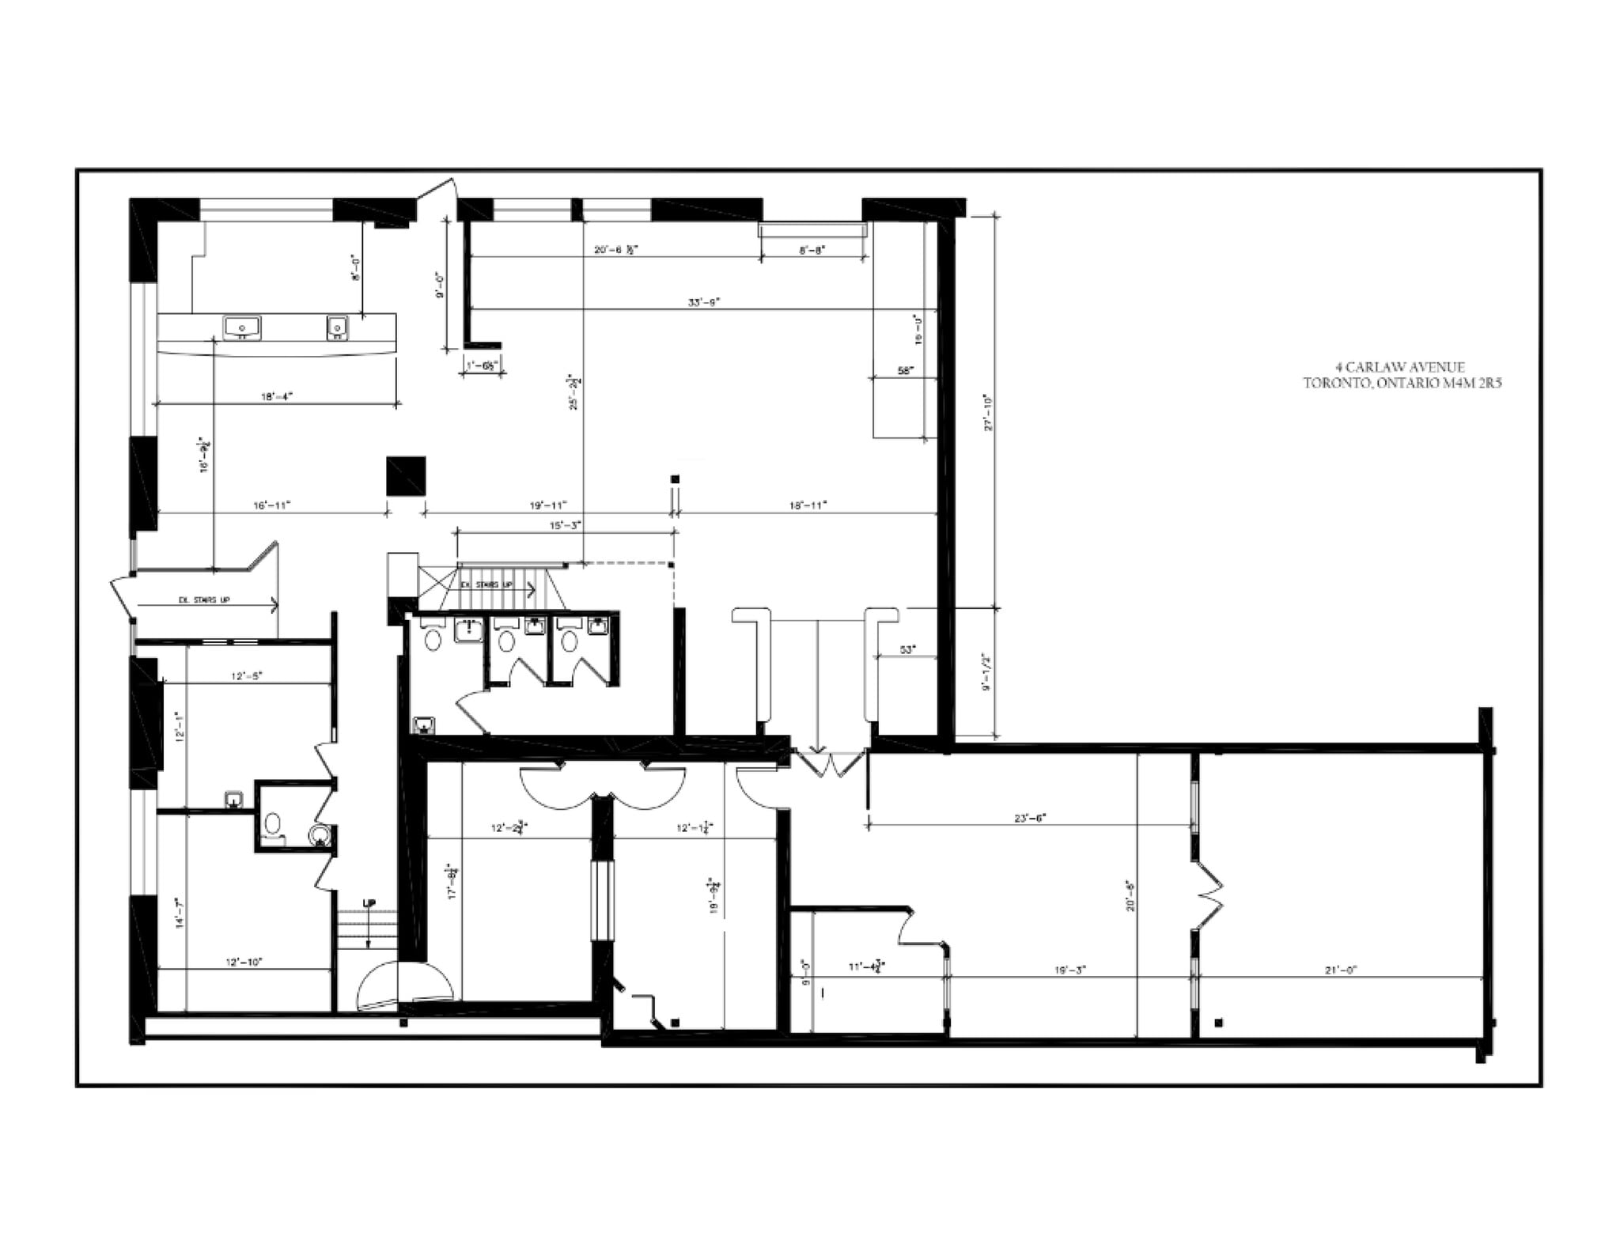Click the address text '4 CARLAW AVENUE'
(1400, 367)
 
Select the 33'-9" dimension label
(703, 302)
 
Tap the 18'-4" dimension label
(277, 397)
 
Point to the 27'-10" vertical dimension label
(988, 413)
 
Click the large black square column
(406, 476)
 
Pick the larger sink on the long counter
(243, 326)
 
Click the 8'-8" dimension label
(812, 250)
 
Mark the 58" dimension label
(906, 370)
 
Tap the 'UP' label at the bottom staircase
(369, 903)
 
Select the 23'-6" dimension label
(1030, 819)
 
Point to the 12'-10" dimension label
(244, 963)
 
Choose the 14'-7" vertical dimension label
(180, 913)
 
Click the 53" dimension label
(908, 650)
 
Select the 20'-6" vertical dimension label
(1131, 895)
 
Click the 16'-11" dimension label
(272, 505)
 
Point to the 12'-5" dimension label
(246, 676)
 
